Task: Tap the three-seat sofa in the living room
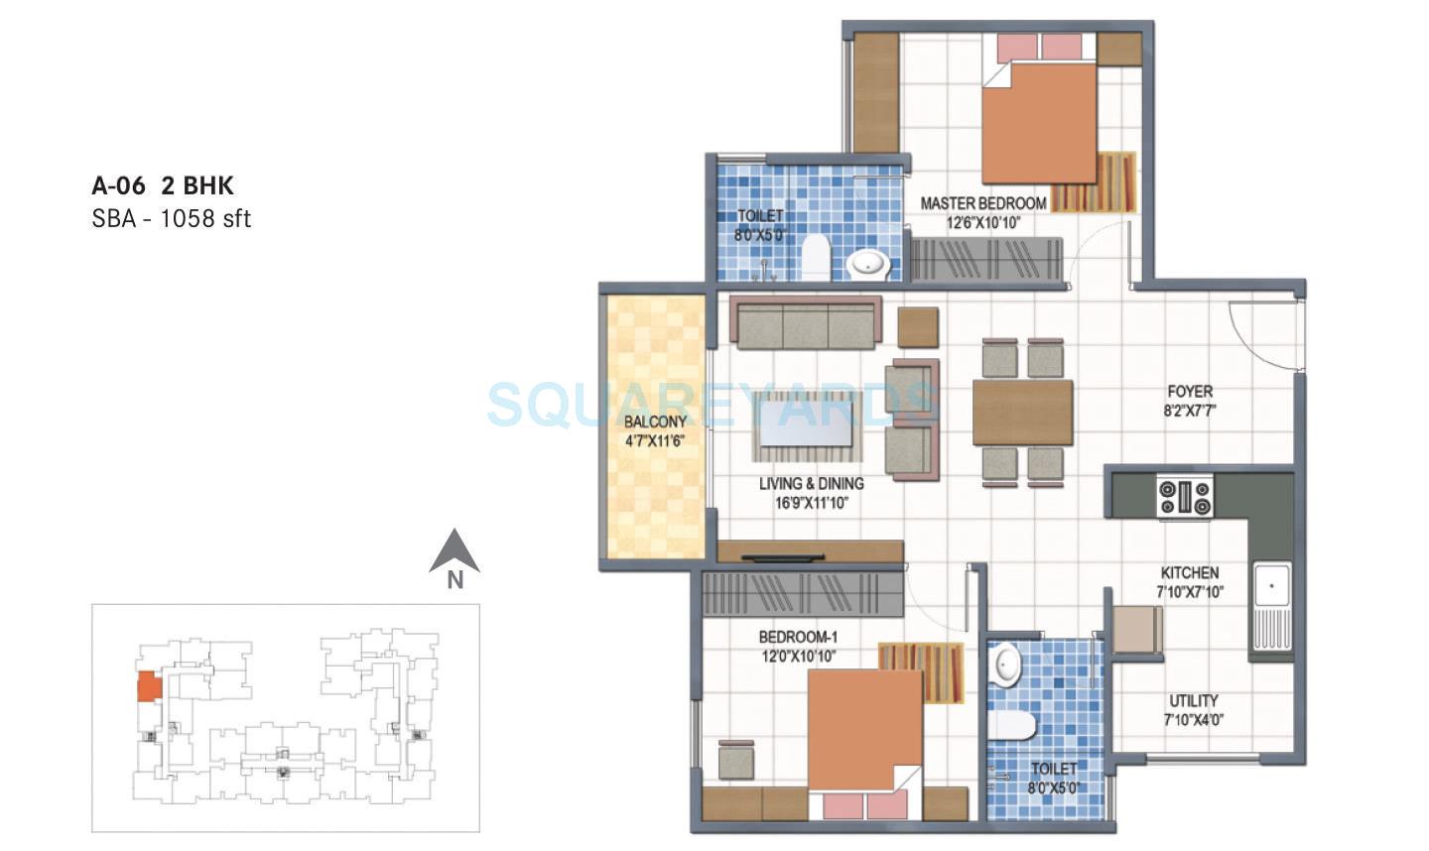(x=806, y=322)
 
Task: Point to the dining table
(x=1022, y=412)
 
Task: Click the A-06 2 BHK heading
(x=163, y=185)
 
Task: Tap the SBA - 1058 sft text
(x=171, y=219)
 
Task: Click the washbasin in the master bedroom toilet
(x=870, y=263)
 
